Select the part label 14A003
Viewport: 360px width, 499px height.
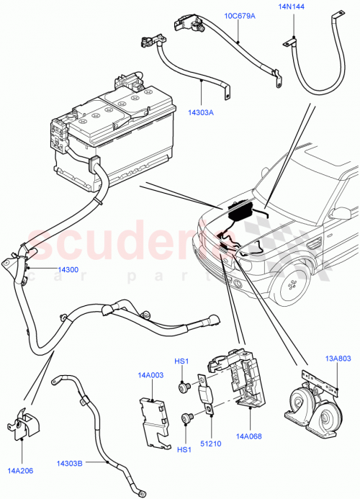(x=151, y=374)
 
